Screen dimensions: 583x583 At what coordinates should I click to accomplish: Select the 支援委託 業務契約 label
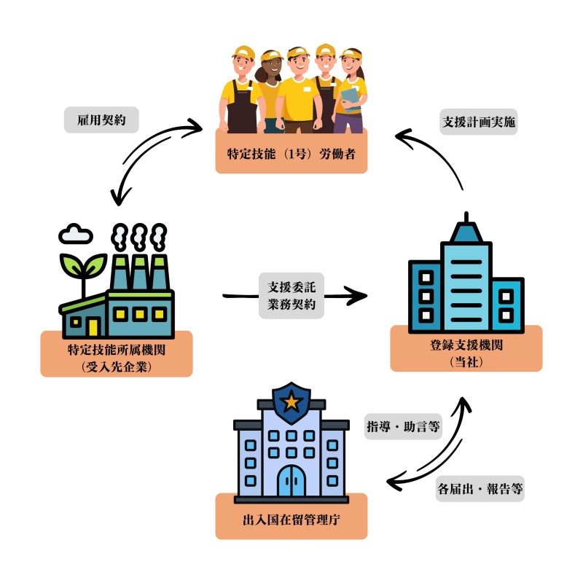coord(291,295)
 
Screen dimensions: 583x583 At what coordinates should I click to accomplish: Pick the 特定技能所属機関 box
coord(117,354)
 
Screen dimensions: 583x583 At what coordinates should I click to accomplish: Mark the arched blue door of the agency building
coord(291,480)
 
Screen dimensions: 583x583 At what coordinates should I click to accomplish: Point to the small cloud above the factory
coord(77,235)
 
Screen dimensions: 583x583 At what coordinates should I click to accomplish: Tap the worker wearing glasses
coord(297,87)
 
